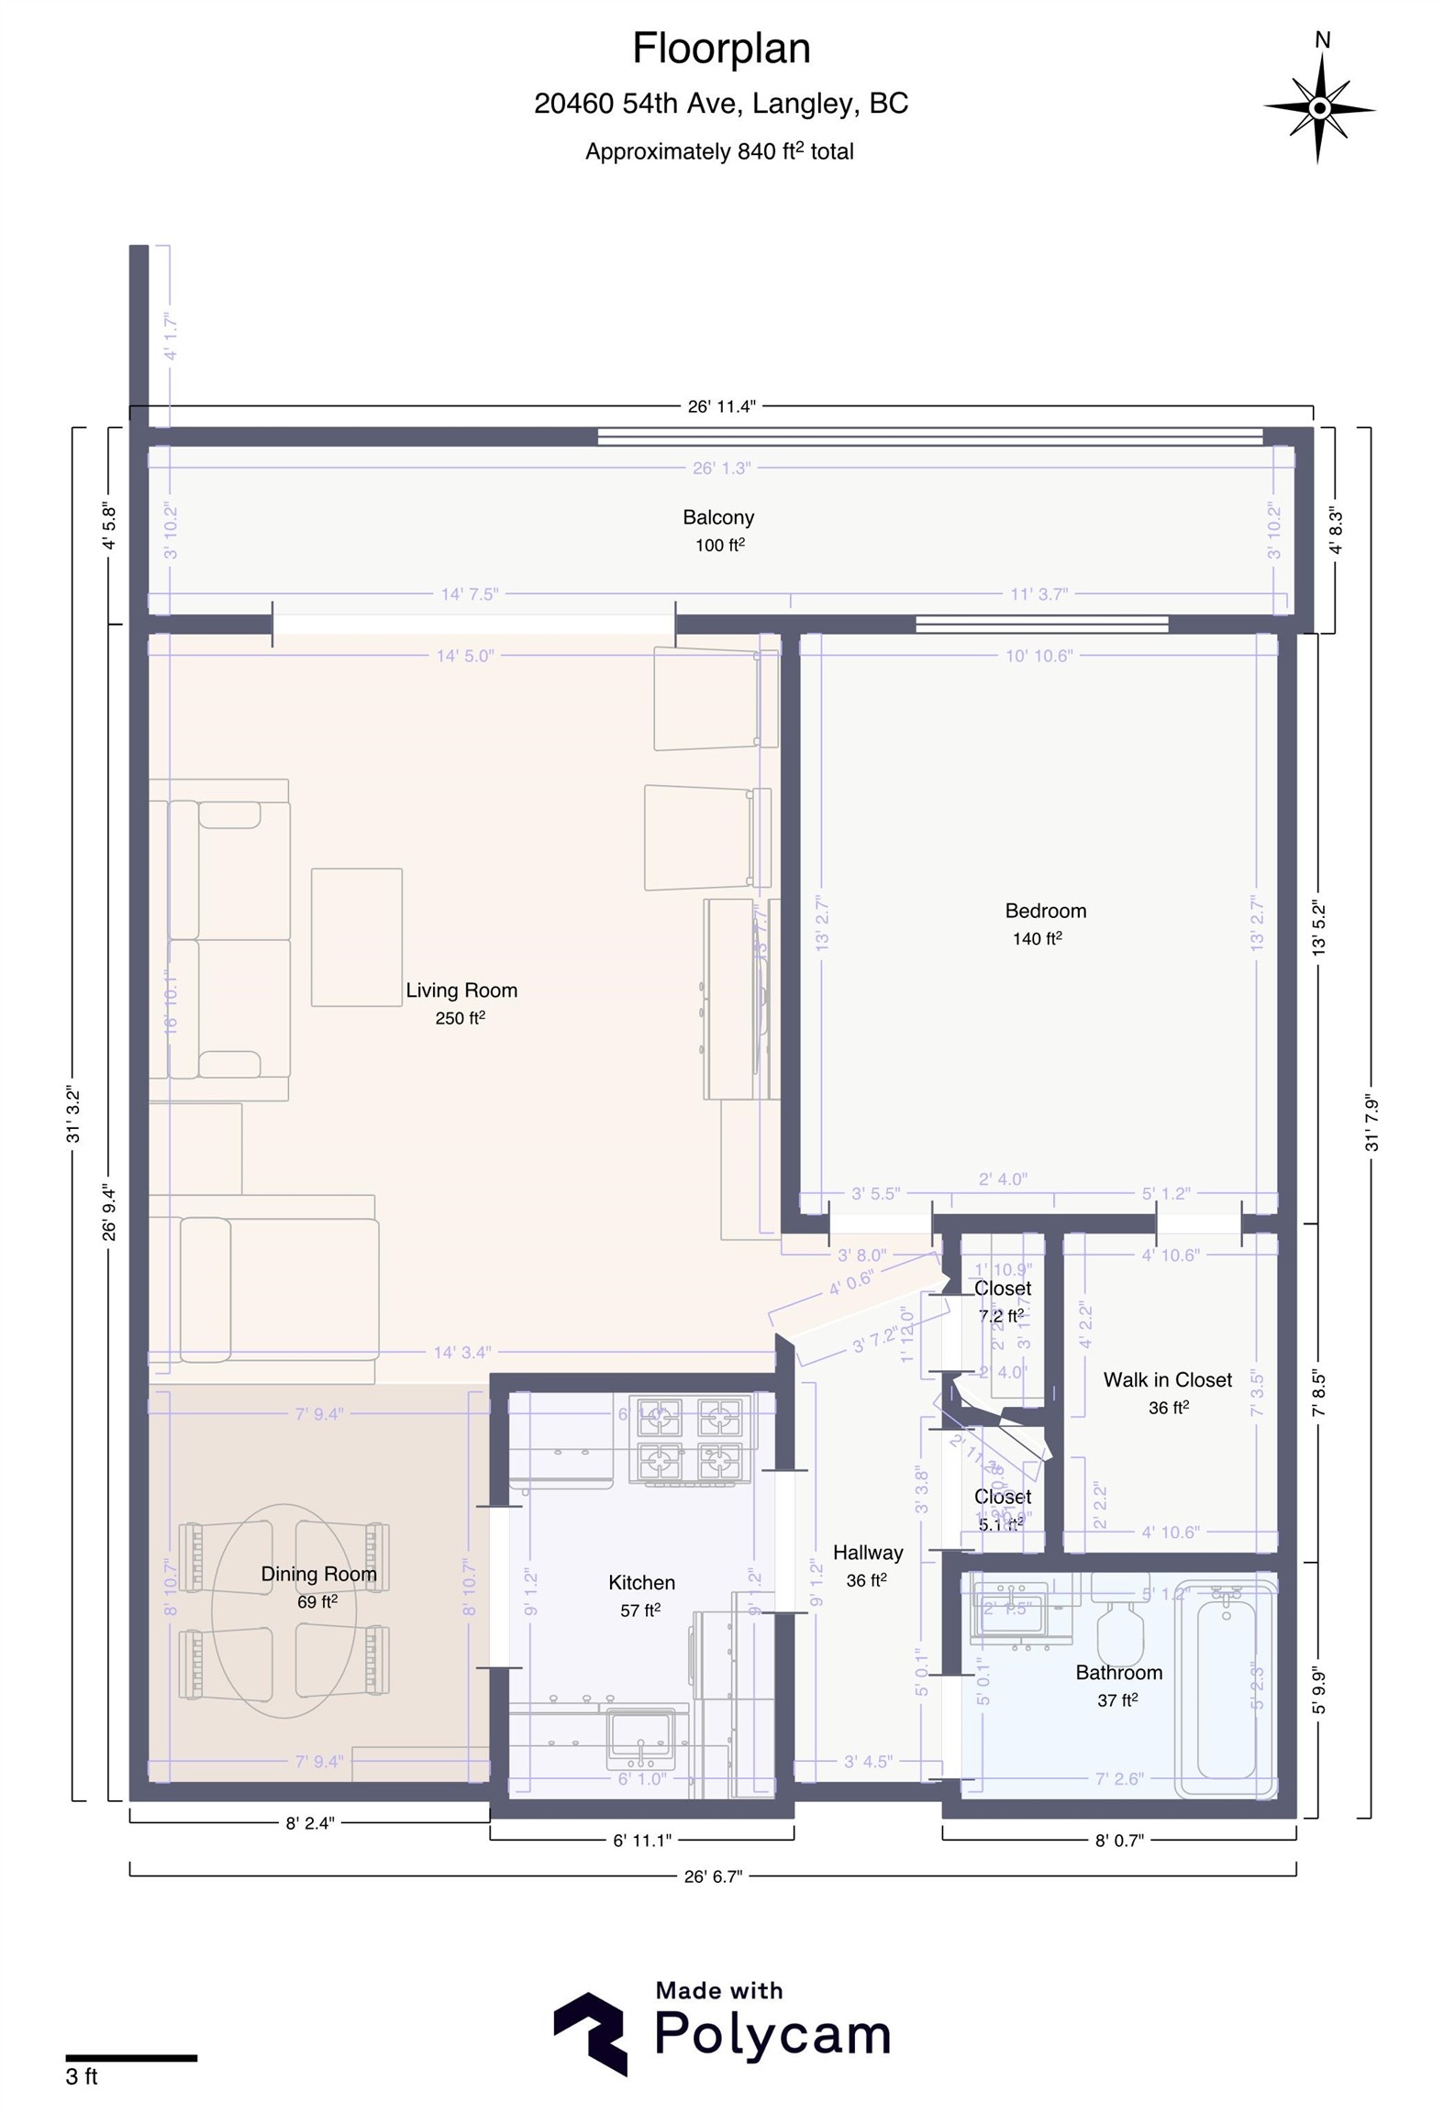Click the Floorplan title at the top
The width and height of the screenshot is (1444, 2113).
(x=721, y=49)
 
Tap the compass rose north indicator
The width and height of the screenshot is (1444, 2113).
(x=1319, y=107)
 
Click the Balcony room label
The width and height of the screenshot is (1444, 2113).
(x=718, y=517)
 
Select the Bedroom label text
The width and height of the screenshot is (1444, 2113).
(x=1045, y=911)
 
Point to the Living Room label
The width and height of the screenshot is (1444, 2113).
(x=461, y=990)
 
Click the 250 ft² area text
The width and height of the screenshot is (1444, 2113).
(x=460, y=1018)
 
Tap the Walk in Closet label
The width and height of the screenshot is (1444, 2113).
(x=1167, y=1380)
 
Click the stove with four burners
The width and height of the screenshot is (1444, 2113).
(x=689, y=1439)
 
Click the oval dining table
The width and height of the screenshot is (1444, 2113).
(x=283, y=1611)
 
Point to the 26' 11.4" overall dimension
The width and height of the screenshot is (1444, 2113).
(x=721, y=406)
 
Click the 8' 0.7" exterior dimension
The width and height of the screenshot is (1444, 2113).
(x=1119, y=1840)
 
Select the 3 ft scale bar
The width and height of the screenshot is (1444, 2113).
(x=131, y=2058)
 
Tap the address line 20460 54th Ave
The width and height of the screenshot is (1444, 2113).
(x=721, y=104)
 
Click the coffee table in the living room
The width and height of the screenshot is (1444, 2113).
(x=356, y=936)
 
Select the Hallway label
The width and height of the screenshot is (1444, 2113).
(x=867, y=1553)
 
